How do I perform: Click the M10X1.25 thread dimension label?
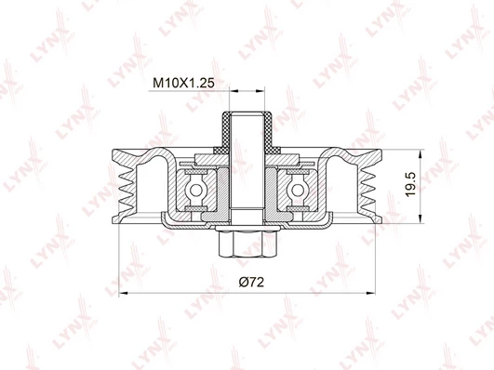click(x=183, y=83)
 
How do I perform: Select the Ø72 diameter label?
click(x=251, y=282)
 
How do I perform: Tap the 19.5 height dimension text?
click(x=411, y=184)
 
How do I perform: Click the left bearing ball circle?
click(x=195, y=190)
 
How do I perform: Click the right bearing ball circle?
click(x=298, y=190)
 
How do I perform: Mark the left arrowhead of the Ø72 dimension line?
click(x=123, y=293)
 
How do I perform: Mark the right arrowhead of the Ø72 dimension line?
click(x=371, y=293)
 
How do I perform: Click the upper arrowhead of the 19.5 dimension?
click(x=420, y=154)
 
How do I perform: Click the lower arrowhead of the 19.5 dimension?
click(x=420, y=218)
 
